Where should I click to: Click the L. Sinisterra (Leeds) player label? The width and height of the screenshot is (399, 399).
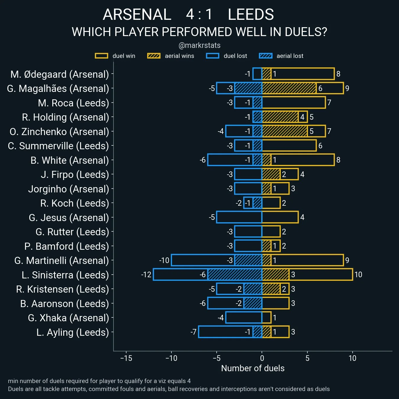(x=65, y=275)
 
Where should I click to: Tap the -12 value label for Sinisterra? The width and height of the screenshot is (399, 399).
(x=146, y=275)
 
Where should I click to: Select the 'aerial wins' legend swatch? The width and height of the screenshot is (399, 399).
(x=154, y=56)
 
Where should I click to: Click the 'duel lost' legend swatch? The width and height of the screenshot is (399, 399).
(x=213, y=56)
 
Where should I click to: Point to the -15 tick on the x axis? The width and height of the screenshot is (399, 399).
(x=126, y=358)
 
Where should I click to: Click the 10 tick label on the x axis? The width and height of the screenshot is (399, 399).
(x=352, y=358)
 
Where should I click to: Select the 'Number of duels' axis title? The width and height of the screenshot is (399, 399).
(x=253, y=368)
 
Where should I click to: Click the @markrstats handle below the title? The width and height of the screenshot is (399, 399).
(x=199, y=45)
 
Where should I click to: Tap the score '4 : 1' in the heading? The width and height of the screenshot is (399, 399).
(x=199, y=14)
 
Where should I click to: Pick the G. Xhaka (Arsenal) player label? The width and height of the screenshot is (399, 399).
(x=68, y=318)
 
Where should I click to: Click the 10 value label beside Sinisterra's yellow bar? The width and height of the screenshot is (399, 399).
(x=358, y=275)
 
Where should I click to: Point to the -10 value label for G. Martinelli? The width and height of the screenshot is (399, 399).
(x=164, y=260)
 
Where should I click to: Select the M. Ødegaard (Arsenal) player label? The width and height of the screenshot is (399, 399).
(x=60, y=74)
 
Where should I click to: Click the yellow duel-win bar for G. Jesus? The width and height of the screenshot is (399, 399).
(x=280, y=217)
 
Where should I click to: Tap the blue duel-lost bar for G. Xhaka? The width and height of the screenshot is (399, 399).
(x=244, y=318)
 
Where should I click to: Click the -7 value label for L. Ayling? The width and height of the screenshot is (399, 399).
(x=194, y=332)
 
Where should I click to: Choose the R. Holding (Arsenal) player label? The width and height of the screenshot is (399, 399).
(x=65, y=117)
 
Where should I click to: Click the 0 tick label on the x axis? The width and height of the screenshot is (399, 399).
(x=262, y=358)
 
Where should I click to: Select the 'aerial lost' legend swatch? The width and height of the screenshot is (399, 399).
(x=265, y=56)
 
